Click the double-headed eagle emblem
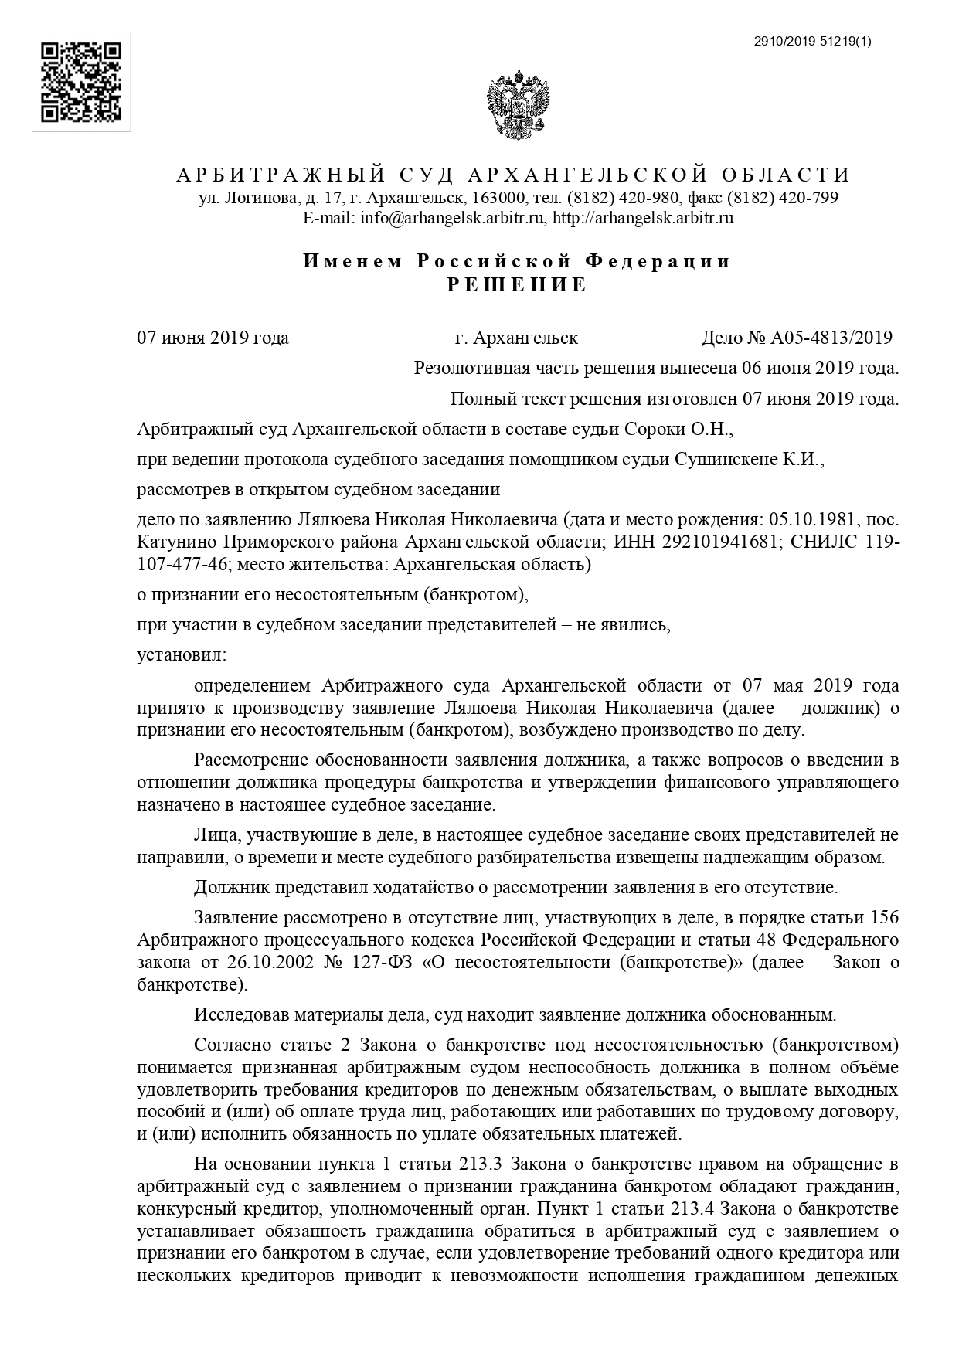pyautogui.click(x=518, y=106)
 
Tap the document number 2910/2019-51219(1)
pyautogui.click(x=812, y=42)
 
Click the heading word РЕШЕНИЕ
pyautogui.click(x=517, y=285)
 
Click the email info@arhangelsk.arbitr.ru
pyautogui.click(x=452, y=218)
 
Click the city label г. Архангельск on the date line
pyautogui.click(x=516, y=338)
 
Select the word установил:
pyautogui.click(x=182, y=655)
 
